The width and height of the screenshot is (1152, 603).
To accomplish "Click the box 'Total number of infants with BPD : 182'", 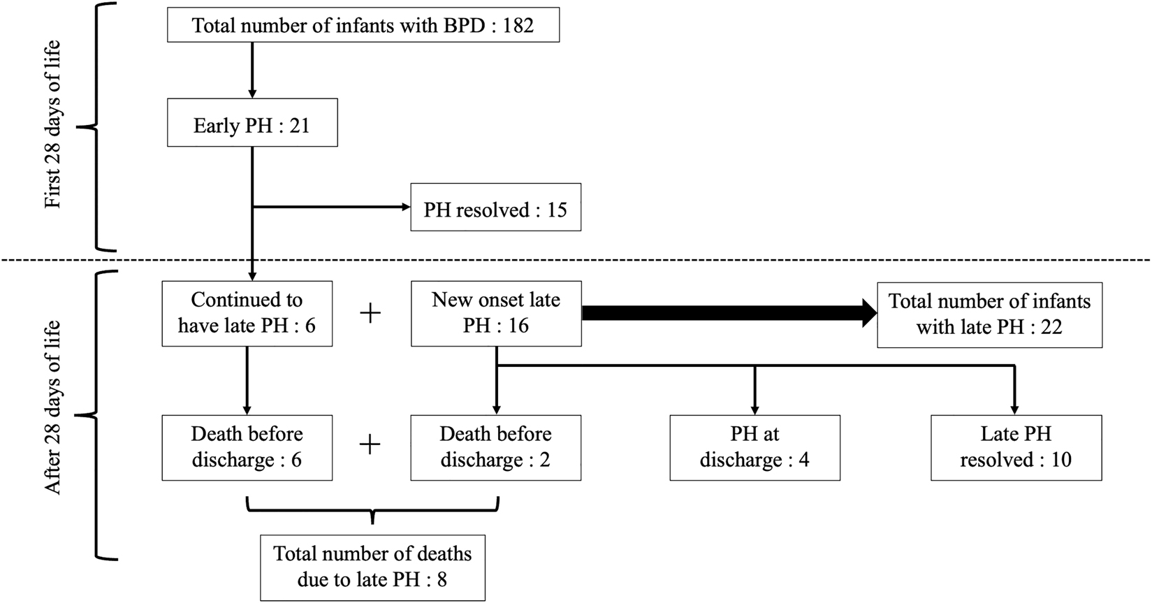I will coord(363,26).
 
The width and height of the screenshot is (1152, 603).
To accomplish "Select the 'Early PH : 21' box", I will coord(252,126).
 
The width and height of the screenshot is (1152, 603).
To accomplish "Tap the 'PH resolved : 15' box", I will coord(495,210).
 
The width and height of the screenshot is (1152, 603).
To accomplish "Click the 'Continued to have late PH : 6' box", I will coord(247,313).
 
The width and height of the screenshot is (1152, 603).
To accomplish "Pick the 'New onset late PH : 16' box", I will coord(495,313).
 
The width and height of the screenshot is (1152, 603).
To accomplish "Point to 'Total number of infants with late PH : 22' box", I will coord(989,314).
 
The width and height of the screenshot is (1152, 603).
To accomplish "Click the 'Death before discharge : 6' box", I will coord(247,447).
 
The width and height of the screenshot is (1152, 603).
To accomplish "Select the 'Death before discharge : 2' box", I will coord(495,447).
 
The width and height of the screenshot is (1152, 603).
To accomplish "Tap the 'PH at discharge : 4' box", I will coord(754,447).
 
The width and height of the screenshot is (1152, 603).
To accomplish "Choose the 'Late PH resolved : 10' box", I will coord(1016,447).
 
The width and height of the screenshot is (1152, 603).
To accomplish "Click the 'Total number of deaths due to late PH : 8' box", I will coord(372,567).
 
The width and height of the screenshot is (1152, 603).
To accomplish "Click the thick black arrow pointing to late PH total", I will coord(727,313).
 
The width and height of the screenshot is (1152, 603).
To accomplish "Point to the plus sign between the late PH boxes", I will coord(370,313).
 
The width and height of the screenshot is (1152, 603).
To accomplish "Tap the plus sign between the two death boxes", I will coord(370,444).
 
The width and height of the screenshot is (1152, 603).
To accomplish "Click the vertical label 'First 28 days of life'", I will coord(52,124).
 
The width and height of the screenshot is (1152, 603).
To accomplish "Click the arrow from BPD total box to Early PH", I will coord(252,70).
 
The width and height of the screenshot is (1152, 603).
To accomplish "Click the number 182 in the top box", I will coord(518,26).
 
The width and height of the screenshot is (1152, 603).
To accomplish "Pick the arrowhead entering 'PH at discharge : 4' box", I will coord(754,409).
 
